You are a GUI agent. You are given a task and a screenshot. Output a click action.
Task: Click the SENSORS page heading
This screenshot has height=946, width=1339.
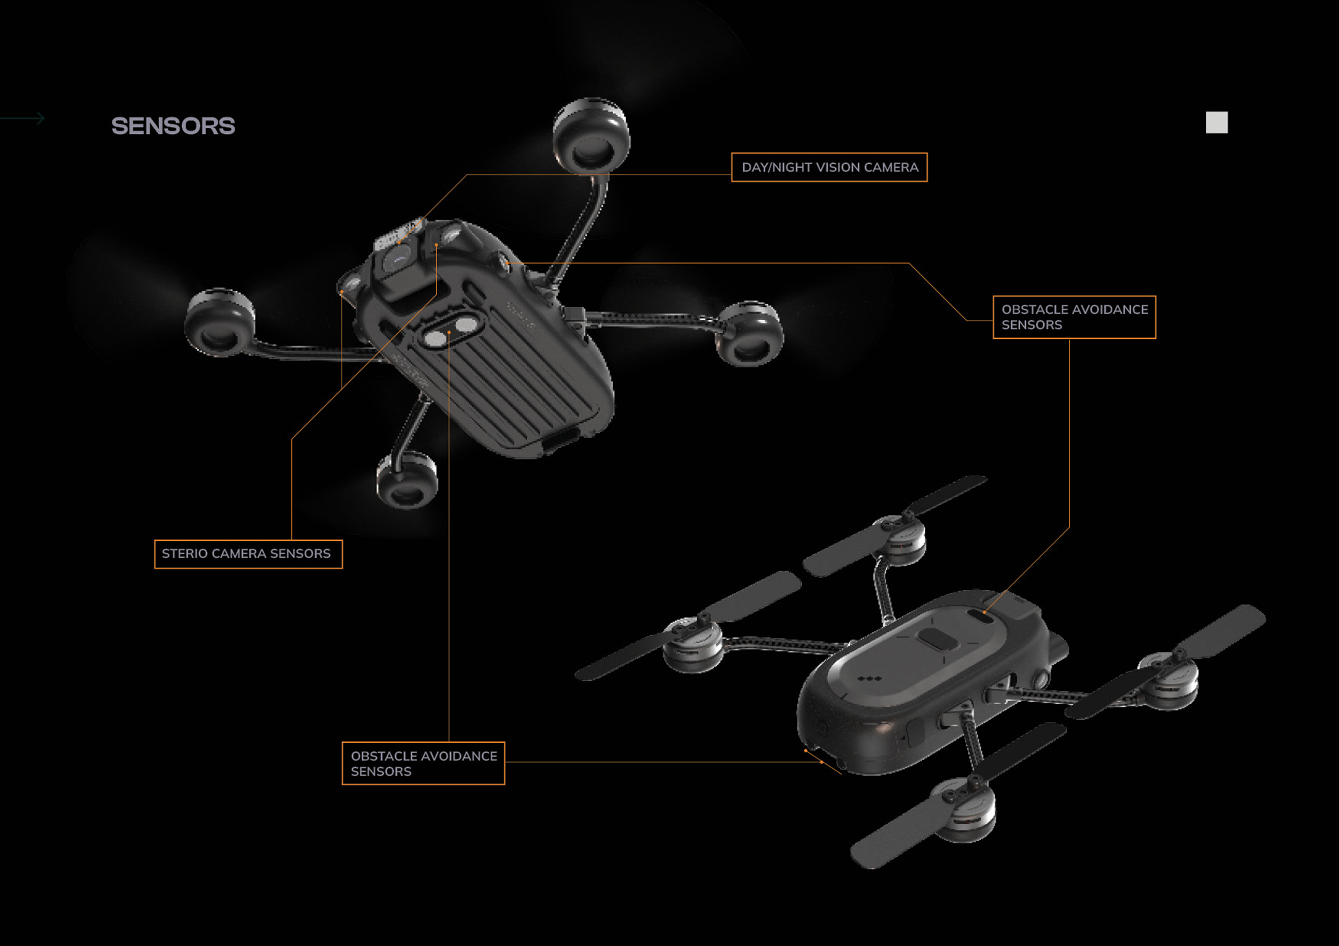pos(173,126)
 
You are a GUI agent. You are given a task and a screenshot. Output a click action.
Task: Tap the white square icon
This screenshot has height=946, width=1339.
pos(1217,122)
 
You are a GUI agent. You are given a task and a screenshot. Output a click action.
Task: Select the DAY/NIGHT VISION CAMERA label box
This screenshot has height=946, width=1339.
pos(829,167)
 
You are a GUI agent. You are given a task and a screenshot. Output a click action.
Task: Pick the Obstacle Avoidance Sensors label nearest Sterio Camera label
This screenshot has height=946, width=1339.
pos(424,764)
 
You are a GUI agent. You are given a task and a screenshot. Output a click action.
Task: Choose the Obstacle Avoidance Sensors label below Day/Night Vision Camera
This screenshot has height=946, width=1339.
pos(1074,317)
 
